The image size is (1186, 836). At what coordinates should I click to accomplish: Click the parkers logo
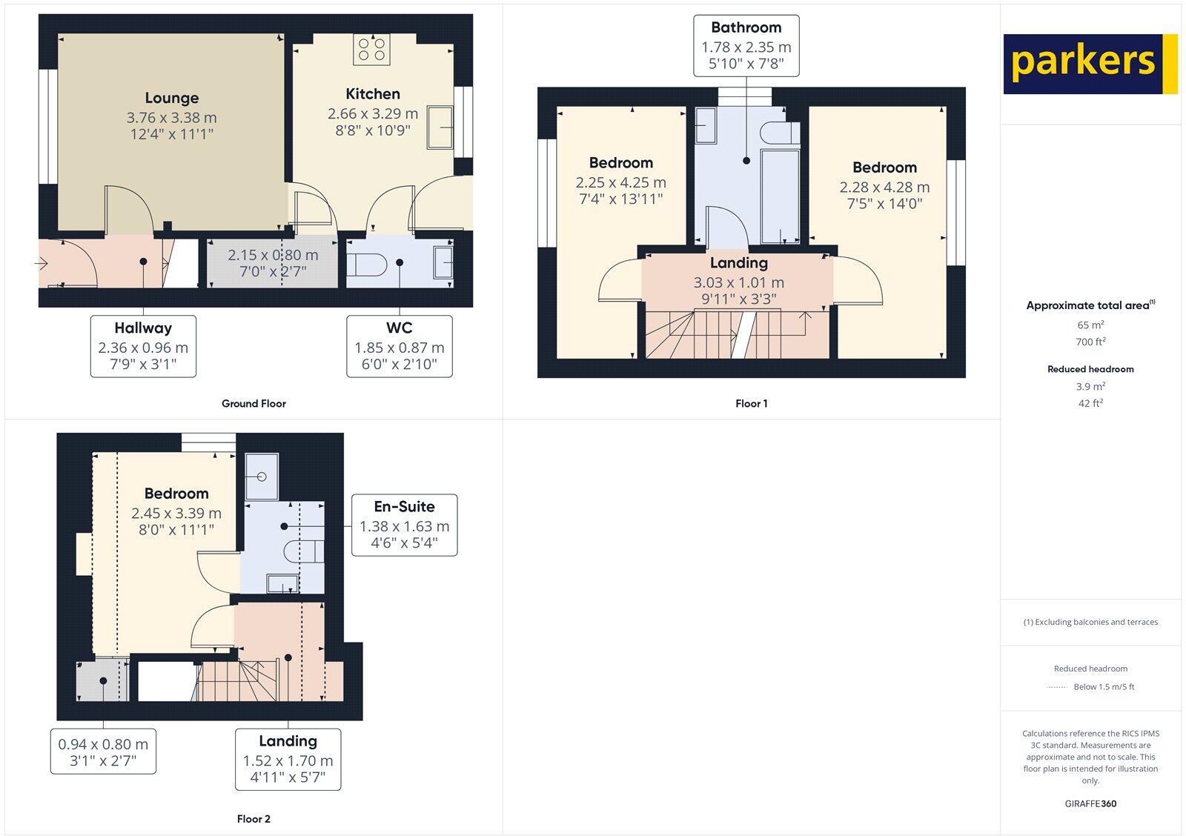pyautogui.click(x=1090, y=64)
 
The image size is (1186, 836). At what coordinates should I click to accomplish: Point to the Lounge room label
pyautogui.click(x=171, y=99)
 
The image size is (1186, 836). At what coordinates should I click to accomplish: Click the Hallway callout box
pyautogui.click(x=143, y=346)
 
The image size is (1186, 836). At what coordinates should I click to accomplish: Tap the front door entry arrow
pyautogui.click(x=41, y=262)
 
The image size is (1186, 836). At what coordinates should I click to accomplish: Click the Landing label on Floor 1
pyautogui.click(x=738, y=263)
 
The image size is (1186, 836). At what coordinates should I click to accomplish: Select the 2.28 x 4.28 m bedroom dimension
pyautogui.click(x=884, y=188)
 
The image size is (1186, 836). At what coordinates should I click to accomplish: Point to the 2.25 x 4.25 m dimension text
pyautogui.click(x=620, y=182)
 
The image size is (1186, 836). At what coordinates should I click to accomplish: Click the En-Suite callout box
pyautogui.click(x=404, y=525)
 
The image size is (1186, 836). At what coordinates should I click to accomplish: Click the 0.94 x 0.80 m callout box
pyautogui.click(x=103, y=752)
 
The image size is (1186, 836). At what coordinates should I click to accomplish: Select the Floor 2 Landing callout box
pyautogui.click(x=288, y=760)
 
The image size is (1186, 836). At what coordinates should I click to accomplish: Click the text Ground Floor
pyautogui.click(x=254, y=404)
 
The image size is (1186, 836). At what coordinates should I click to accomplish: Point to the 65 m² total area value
pyautogui.click(x=1090, y=325)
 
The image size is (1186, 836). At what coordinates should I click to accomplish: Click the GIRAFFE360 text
pyautogui.click(x=1090, y=803)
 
